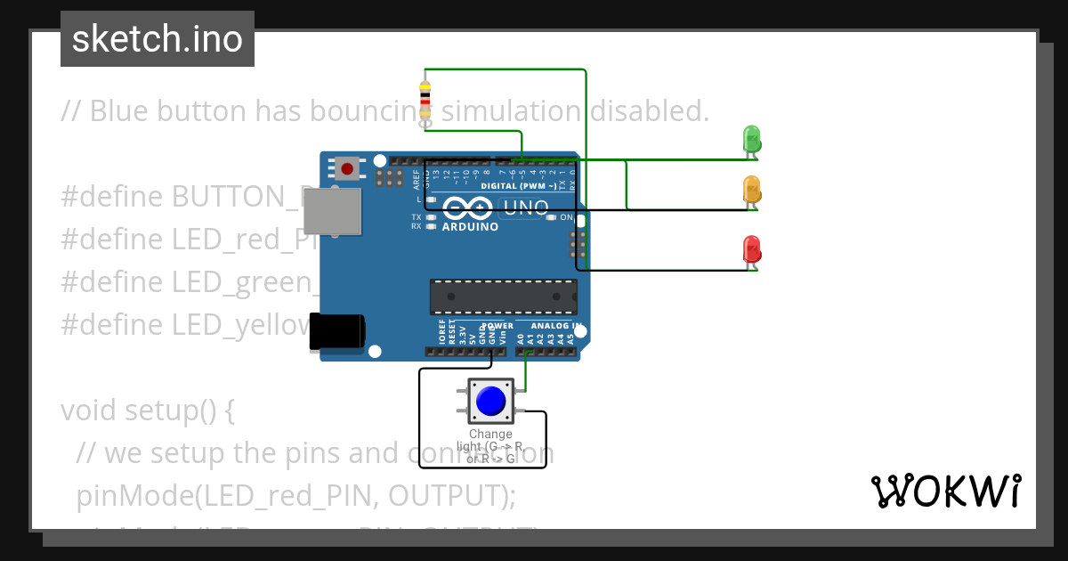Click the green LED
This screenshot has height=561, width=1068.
point(751,139)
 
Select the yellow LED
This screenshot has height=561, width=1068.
point(751,190)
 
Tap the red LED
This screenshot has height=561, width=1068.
point(751,249)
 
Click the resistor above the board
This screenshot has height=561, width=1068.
point(426,100)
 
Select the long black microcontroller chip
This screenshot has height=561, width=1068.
point(503,297)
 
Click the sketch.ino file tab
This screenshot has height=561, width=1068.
point(158,39)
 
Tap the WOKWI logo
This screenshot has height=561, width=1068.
point(945,491)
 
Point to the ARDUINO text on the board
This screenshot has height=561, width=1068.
point(470,227)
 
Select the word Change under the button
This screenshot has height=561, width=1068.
point(490,435)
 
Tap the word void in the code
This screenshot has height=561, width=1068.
point(89,411)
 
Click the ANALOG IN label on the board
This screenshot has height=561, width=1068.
point(556,326)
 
